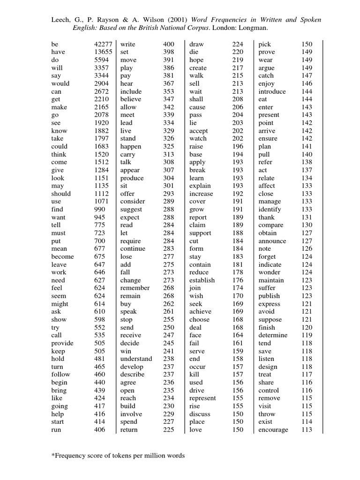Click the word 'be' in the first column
click(x=55, y=44)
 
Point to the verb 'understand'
click(x=136, y=359)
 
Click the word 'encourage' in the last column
click(x=273, y=430)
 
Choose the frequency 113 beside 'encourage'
click(x=307, y=430)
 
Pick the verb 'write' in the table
click(x=127, y=44)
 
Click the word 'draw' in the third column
click(x=196, y=44)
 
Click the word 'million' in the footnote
click(x=147, y=456)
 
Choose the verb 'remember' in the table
click(x=135, y=288)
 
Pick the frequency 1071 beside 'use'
click(x=99, y=201)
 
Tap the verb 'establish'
click(x=202, y=280)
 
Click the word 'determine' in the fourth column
click(x=273, y=335)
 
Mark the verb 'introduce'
click(x=272, y=91)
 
